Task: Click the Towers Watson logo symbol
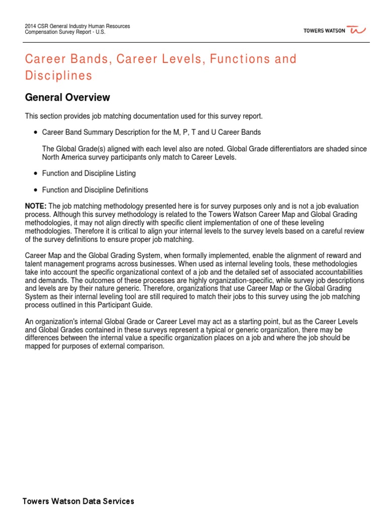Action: pos(358,31)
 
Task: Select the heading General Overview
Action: pos(67,97)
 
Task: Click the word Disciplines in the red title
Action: pos(59,76)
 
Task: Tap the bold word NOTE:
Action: pos(36,207)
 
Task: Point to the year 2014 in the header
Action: pos(31,26)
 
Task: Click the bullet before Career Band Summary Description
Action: pos(35,132)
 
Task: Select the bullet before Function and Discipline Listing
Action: pos(35,174)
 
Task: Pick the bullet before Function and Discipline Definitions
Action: pos(35,190)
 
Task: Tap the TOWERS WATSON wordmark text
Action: pos(324,31)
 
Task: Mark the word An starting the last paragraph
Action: pos(29,321)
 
